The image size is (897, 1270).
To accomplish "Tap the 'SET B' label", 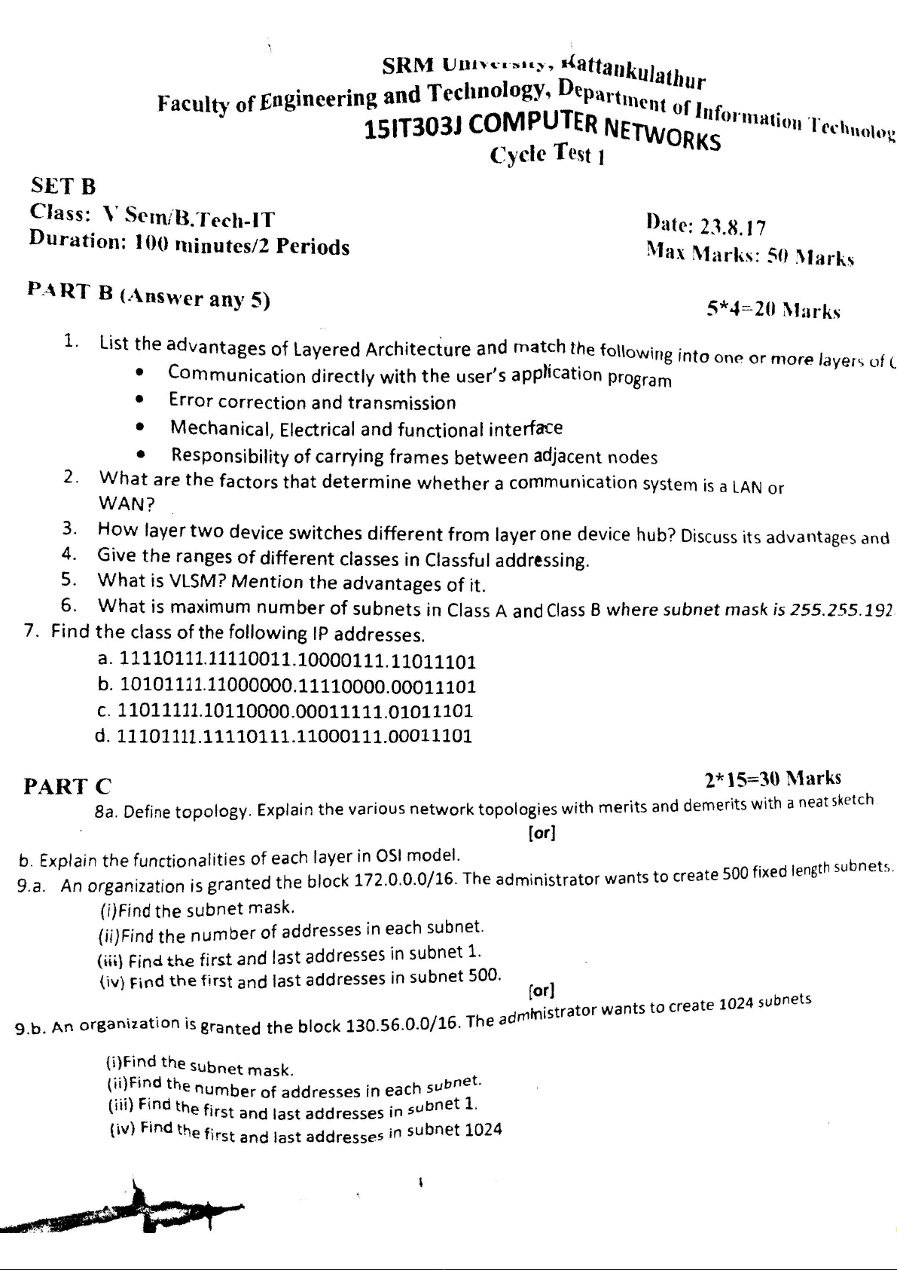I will point(63,185).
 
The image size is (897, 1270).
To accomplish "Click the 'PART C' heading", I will point(68,786).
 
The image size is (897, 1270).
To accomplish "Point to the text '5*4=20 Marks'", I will point(773,309).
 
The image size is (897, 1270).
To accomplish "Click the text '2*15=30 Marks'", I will point(773,778).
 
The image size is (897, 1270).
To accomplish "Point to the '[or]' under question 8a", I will point(542,834).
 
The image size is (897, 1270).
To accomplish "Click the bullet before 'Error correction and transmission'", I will point(139,400).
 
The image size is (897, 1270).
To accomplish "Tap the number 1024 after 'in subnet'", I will point(483,1130).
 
